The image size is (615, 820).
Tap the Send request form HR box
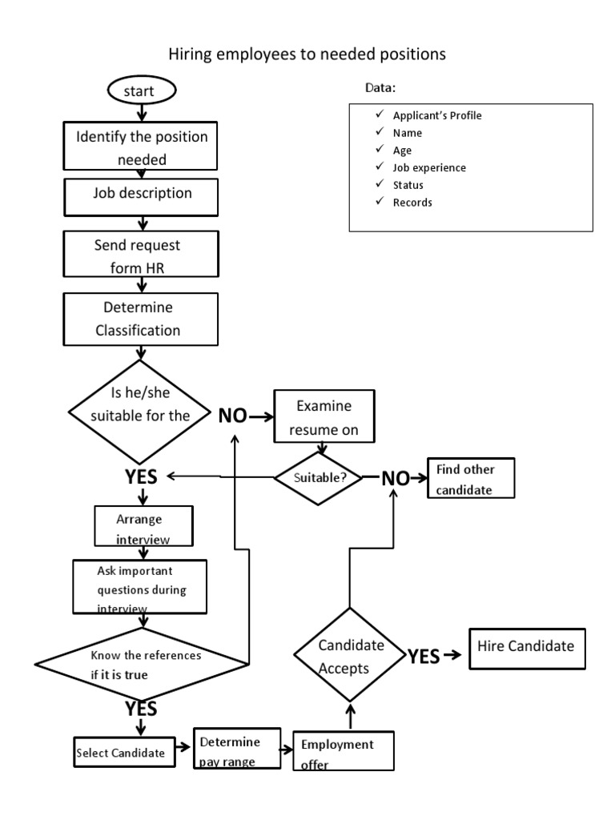point(142,255)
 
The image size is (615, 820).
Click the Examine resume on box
point(324,417)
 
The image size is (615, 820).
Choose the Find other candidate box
point(471,478)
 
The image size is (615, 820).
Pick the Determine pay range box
point(238,750)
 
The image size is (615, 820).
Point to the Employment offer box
point(344,752)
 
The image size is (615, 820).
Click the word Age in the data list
point(401,151)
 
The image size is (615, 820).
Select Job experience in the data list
point(428,168)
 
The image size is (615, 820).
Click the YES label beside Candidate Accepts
point(423,657)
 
